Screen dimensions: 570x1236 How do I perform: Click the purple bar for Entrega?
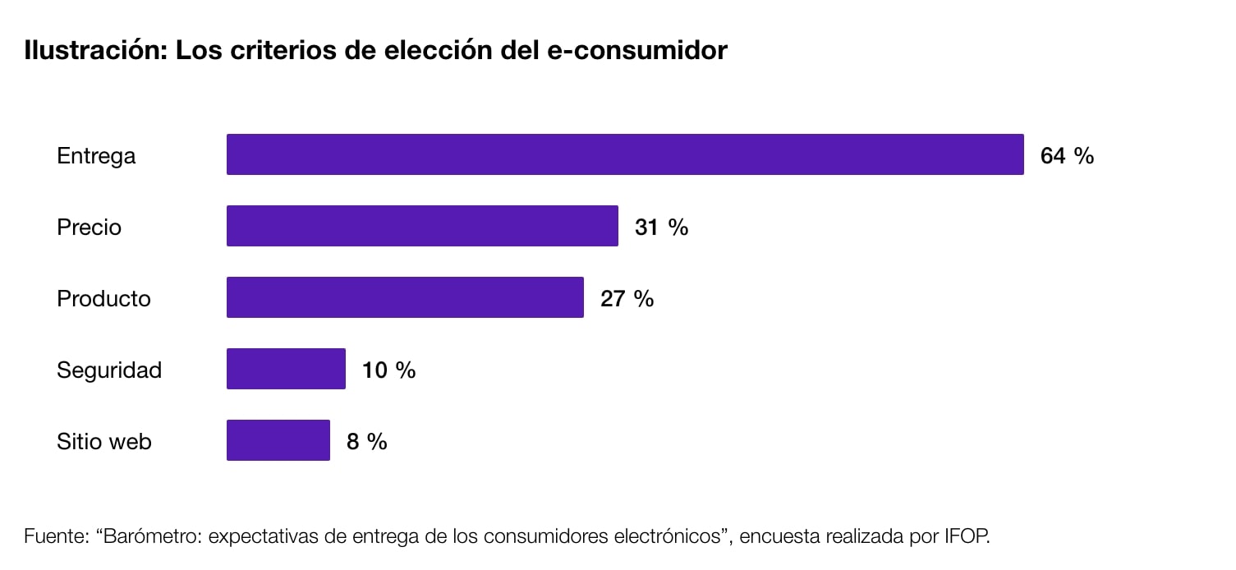pos(625,154)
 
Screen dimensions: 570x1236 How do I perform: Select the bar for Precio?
pos(422,226)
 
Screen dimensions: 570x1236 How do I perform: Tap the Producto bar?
pos(405,297)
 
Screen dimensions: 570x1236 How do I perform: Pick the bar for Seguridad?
pos(286,369)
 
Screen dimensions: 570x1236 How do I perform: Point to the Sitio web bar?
pos(278,440)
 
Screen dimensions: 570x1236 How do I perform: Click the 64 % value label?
pos(1067,155)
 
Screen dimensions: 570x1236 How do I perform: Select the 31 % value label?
pos(661,227)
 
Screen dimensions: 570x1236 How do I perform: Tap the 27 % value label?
pos(627,298)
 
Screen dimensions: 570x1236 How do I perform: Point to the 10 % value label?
pos(388,370)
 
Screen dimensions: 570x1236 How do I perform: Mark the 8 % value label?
pos(366,441)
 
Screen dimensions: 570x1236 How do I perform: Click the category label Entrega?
pos(96,155)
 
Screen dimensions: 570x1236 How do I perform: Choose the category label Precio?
pos(89,227)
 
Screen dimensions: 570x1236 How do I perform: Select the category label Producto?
pos(103,298)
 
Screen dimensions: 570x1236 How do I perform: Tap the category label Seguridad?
pos(109,370)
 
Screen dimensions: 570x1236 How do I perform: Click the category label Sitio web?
pos(104,441)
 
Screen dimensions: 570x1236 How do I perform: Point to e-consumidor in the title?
pos(636,50)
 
